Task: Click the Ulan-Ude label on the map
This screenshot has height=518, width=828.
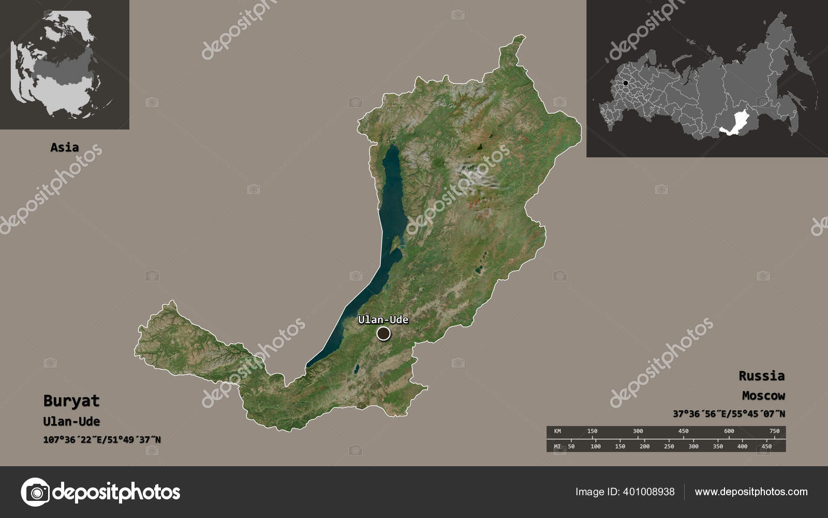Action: tap(383, 320)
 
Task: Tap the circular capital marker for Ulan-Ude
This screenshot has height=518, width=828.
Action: tap(383, 334)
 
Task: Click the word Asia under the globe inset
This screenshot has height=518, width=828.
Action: tap(65, 147)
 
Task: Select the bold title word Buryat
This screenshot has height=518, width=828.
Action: tap(71, 401)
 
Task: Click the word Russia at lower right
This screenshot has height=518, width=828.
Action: tap(761, 376)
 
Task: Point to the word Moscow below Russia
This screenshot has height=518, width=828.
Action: tap(763, 396)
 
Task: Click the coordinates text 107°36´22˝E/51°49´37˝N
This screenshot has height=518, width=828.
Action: tap(102, 440)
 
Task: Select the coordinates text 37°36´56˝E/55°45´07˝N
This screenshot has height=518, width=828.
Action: tap(729, 414)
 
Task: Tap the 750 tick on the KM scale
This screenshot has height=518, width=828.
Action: tap(774, 431)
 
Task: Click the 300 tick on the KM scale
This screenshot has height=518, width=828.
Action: tap(638, 431)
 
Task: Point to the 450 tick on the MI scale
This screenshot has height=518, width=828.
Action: tap(766, 446)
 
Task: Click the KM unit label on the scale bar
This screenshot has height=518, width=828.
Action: tap(557, 431)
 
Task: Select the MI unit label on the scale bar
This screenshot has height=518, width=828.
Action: tap(557, 446)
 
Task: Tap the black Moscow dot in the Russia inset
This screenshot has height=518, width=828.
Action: tap(626, 83)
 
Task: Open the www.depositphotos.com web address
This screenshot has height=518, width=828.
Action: tap(751, 492)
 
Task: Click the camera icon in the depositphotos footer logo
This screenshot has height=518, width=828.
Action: tap(35, 492)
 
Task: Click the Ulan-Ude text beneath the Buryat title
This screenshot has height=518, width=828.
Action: tap(71, 421)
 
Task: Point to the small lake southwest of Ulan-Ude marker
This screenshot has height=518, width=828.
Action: tap(356, 370)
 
